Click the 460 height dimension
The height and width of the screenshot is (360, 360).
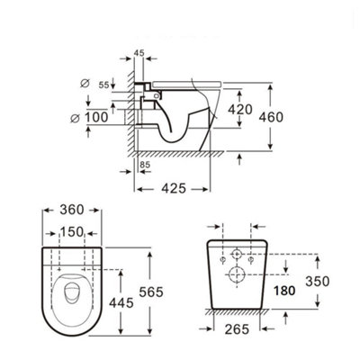271,117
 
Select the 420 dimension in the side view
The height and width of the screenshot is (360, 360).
240,110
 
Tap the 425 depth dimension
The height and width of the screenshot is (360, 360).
174,189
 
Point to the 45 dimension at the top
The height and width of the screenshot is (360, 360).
139,53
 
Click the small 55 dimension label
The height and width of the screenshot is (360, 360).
104,85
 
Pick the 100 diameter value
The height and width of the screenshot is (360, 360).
96,117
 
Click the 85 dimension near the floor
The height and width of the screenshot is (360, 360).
145,165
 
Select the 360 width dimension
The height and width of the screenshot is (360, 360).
72,210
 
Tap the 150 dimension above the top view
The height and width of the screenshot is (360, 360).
72,232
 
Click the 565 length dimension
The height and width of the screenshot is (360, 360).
151,292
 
